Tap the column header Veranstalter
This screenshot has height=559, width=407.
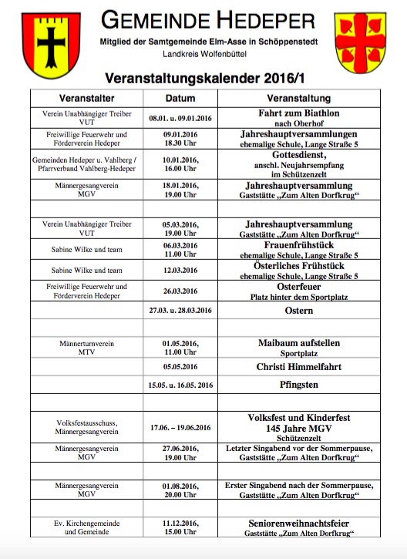86,99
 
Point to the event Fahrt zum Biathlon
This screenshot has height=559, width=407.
299,113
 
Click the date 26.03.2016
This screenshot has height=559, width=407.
180,291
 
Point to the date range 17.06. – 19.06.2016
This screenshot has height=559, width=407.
180,426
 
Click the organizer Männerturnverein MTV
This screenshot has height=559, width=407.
86,348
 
